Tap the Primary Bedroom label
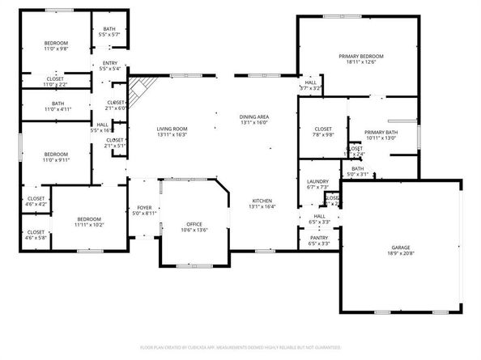[360, 56]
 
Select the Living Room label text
[172, 129]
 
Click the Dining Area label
[254, 117]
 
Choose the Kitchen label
[261, 201]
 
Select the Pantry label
[320, 238]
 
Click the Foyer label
[144, 207]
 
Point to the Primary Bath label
[380, 132]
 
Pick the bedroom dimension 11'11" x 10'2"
[89, 225]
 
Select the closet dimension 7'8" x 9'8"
[323, 135]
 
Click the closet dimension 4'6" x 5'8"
[36, 238]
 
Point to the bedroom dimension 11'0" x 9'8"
[56, 49]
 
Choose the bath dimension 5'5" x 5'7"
[109, 35]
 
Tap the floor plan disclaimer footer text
[240, 346]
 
